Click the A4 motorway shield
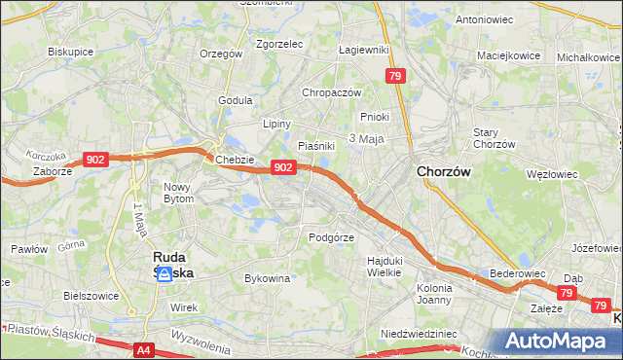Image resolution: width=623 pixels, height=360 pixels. click(x=144, y=348)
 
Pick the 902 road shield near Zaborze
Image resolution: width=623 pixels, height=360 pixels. click(x=95, y=160)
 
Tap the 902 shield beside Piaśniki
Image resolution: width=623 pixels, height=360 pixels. click(x=282, y=167)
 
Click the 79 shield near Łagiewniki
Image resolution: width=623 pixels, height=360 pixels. click(x=394, y=76)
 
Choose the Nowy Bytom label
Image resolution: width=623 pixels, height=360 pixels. click(x=179, y=192)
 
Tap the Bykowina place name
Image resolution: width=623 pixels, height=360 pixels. click(x=268, y=278)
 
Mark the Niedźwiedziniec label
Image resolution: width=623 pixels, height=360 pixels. click(x=419, y=333)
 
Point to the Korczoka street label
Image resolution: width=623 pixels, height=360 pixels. click(x=47, y=155)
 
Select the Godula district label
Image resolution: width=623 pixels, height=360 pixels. click(x=236, y=99)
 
